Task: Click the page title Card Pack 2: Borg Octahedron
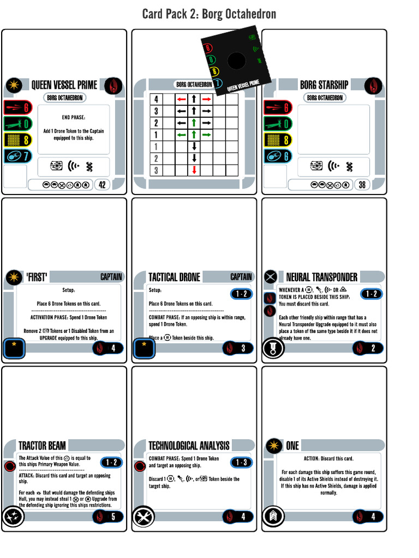click(x=209, y=14)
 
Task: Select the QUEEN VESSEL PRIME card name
click(x=64, y=85)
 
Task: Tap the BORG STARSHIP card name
click(x=324, y=85)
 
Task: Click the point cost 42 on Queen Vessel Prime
click(x=102, y=185)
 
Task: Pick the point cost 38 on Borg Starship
click(x=362, y=185)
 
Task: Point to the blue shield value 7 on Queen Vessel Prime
click(x=25, y=156)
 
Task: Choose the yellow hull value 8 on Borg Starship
click(x=285, y=139)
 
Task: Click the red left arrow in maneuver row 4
click(x=181, y=100)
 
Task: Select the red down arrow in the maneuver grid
click(x=194, y=171)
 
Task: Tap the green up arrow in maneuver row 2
click(x=194, y=123)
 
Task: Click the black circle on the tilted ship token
click(x=236, y=60)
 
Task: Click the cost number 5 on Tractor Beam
click(x=113, y=517)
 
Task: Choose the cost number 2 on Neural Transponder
click(x=373, y=348)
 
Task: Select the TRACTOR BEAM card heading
click(x=42, y=446)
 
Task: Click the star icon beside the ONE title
click(x=274, y=446)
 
